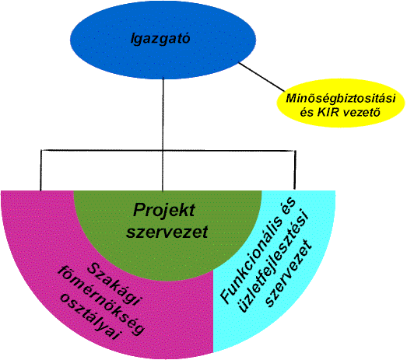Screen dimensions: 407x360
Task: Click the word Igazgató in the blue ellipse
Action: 160,39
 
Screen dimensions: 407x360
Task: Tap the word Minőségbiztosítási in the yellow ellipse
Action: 341,99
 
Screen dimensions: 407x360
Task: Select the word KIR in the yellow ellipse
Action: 329,113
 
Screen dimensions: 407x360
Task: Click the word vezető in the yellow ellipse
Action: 363,113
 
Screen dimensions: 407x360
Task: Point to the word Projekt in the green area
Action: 164,210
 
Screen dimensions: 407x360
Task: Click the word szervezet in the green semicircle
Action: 167,232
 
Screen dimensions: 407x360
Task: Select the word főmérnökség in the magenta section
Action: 101,301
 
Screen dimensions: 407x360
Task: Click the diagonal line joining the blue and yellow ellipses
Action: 261,77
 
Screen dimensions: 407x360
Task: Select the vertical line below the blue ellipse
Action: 163,135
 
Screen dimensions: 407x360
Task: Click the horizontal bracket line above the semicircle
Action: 168,150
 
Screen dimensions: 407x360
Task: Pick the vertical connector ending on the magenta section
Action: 40,170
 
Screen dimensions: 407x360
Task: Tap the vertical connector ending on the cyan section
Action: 295,170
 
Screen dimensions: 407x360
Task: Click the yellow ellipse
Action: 341,103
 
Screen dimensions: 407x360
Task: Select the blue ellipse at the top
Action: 163,40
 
